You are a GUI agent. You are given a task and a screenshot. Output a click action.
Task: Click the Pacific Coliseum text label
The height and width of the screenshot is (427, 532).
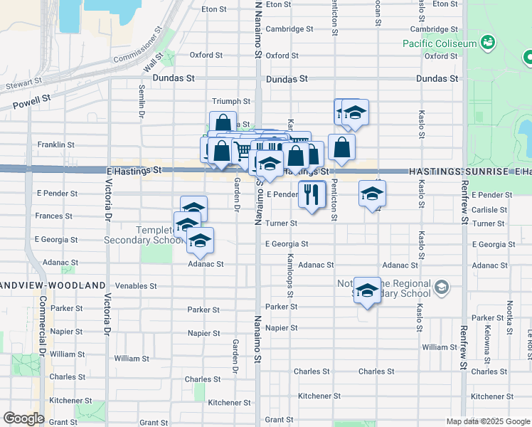(440, 43)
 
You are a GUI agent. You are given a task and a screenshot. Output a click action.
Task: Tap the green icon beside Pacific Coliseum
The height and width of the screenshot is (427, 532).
(487, 43)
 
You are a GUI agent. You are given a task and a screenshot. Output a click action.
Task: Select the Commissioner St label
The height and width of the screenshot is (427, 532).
(139, 43)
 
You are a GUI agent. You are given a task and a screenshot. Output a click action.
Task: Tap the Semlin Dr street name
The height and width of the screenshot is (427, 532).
(142, 102)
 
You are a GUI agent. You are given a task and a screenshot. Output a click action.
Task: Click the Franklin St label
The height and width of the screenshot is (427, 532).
(56, 144)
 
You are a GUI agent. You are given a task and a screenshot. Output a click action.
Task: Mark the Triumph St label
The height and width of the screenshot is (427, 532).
(231, 102)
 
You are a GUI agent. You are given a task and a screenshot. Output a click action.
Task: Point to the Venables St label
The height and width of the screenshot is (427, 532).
(134, 286)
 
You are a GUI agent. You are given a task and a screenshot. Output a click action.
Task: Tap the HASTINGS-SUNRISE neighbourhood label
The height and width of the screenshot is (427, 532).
(458, 172)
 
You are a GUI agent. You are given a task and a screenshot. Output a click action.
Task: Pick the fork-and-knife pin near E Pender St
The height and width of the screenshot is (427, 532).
(310, 194)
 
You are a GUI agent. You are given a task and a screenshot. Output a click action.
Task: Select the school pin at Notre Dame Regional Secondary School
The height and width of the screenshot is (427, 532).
(367, 290)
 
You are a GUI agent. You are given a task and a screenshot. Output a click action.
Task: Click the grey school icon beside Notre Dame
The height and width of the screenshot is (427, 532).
(441, 288)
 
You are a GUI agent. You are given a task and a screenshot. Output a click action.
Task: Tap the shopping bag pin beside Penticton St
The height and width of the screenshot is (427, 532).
(342, 147)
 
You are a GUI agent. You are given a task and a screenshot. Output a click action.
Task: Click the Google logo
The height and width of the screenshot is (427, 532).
(23, 418)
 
